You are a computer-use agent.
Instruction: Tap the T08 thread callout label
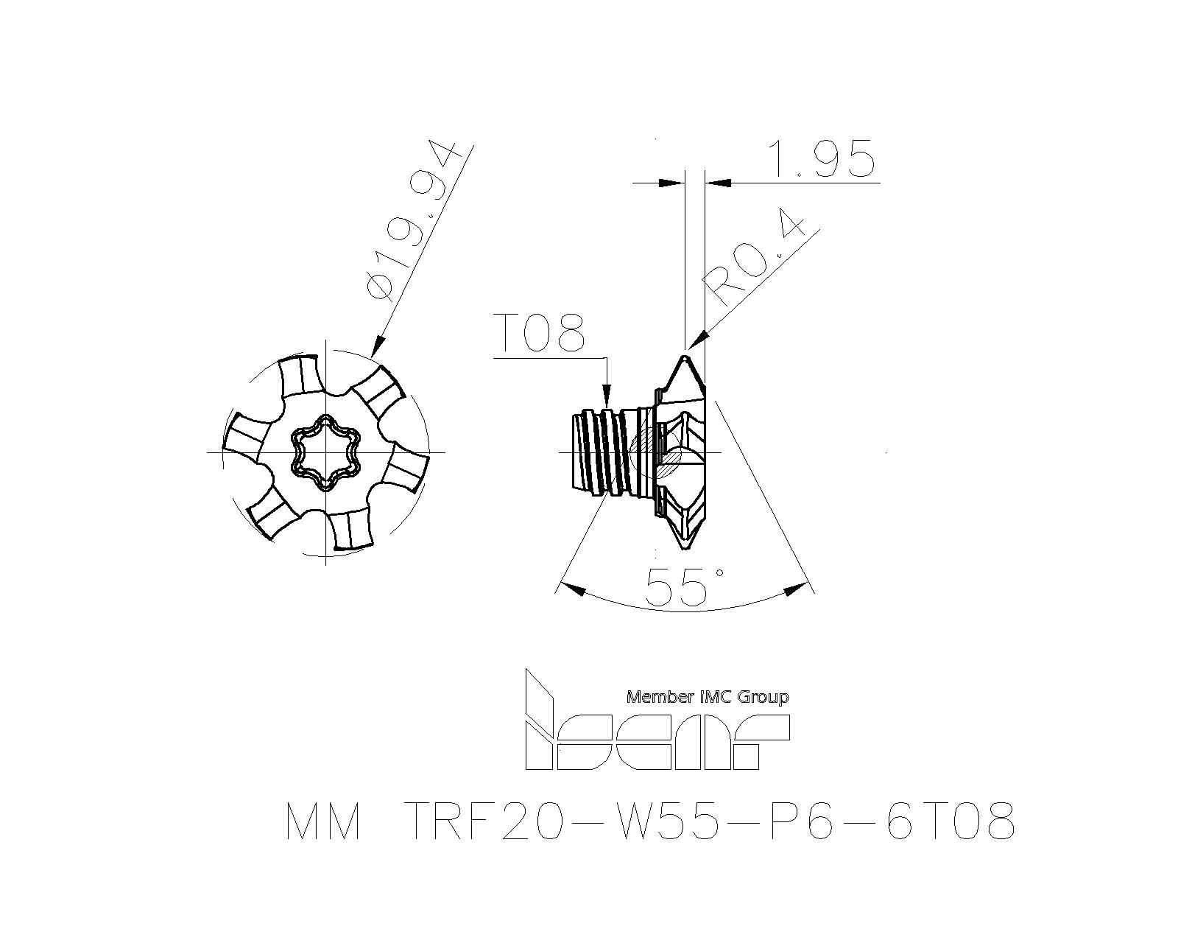(539, 332)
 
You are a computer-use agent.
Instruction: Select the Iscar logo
(657, 719)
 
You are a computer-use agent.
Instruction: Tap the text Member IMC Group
(708, 697)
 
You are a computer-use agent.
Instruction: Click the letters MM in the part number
(323, 820)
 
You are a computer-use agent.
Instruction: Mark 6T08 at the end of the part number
(951, 820)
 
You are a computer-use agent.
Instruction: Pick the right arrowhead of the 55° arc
(797, 590)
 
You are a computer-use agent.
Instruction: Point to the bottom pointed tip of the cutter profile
(684, 547)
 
